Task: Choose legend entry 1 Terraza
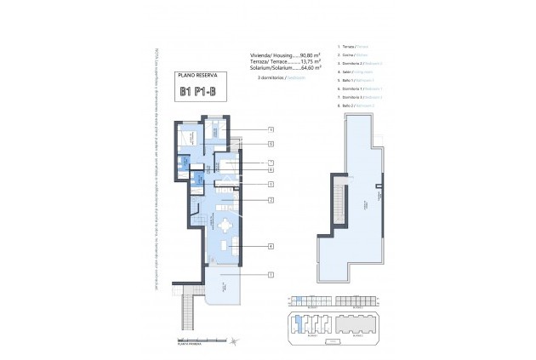pos(353,46)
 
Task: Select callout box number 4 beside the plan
pos(270,247)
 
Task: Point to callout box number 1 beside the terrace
pos(270,274)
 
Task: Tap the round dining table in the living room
pos(225,226)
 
